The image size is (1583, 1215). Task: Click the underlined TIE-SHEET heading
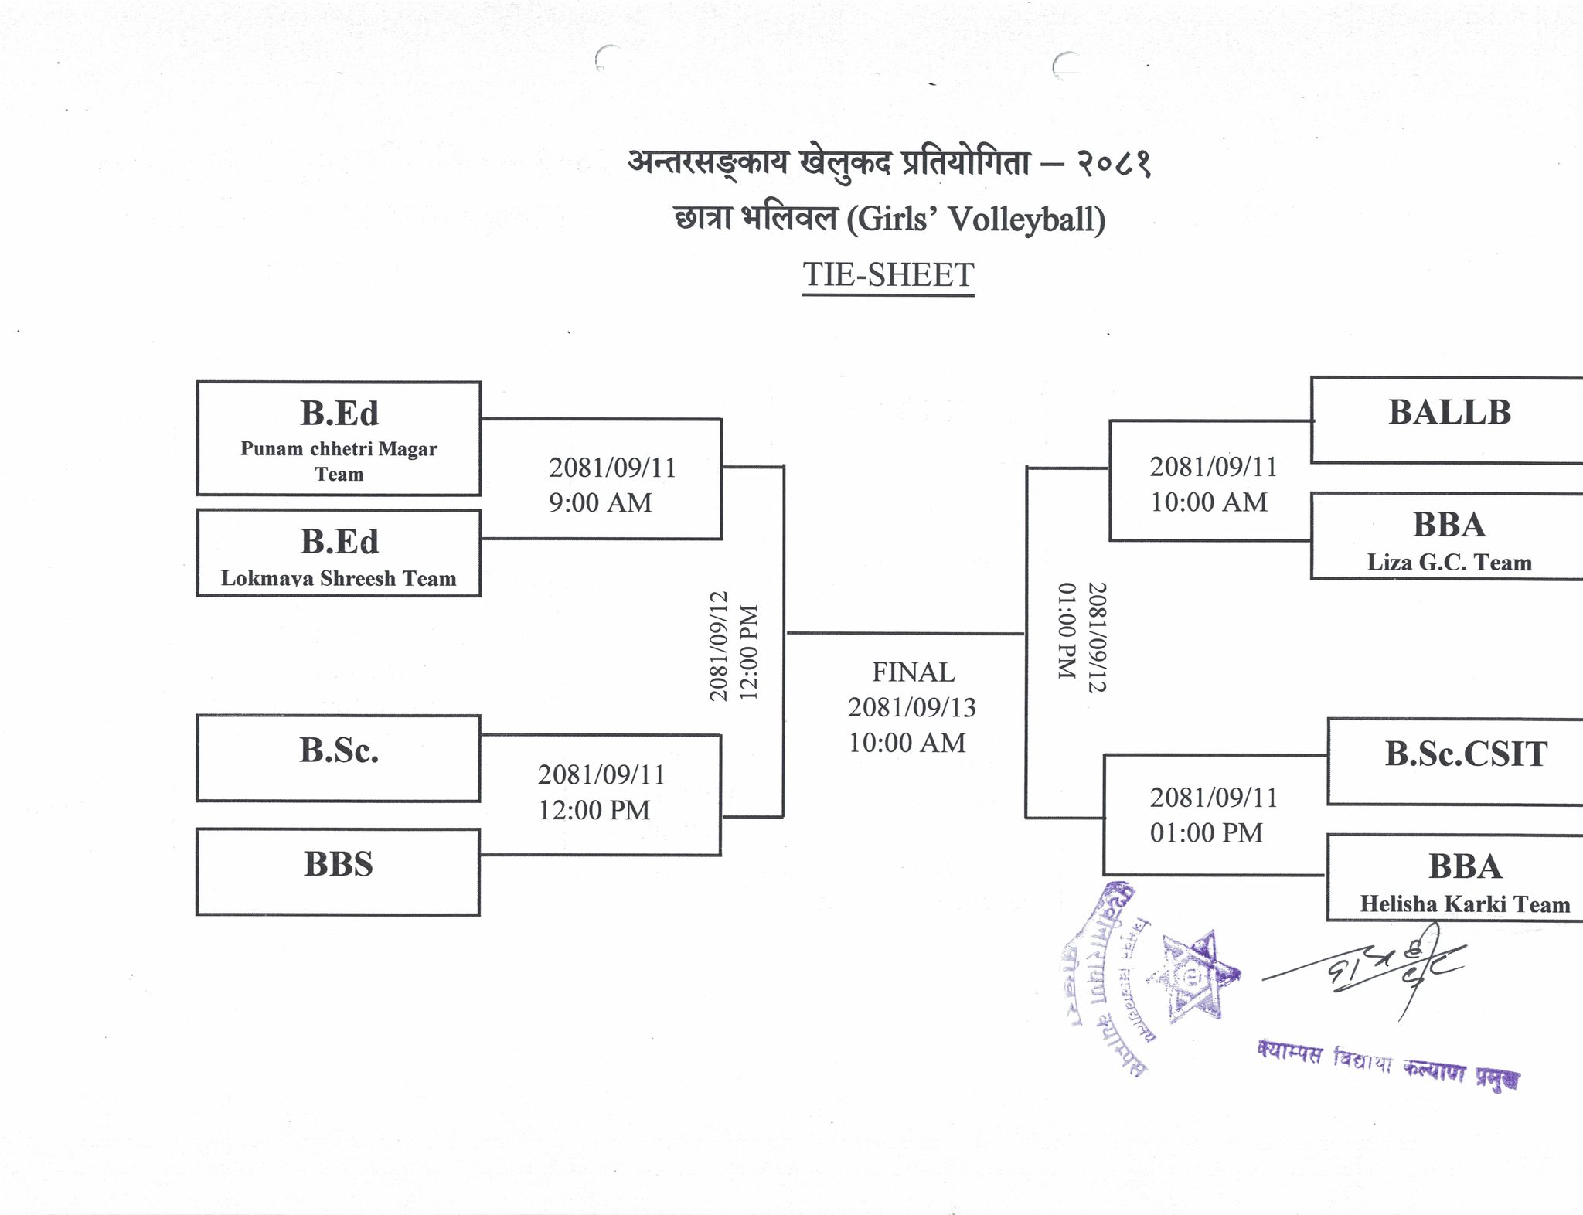click(888, 275)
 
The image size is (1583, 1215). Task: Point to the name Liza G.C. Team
click(1449, 562)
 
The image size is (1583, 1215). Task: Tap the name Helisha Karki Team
click(1465, 904)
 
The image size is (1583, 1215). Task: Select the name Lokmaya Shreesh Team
click(339, 578)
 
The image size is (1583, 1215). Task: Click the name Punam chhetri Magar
click(339, 449)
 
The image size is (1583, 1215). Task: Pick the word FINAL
click(913, 672)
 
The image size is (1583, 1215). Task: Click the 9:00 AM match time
click(601, 503)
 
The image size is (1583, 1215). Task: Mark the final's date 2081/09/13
click(912, 707)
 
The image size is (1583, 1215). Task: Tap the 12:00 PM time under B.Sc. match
click(594, 810)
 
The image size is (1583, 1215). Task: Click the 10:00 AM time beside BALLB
click(1209, 502)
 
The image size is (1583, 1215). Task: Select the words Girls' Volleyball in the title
click(976, 220)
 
